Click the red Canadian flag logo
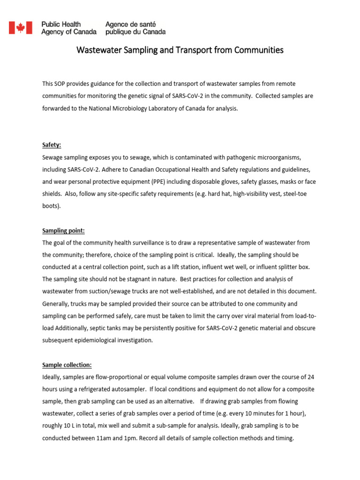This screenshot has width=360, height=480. coord(21,28)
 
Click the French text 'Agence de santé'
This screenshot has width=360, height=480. coord(131,24)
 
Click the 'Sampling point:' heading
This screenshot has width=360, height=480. coord(63,231)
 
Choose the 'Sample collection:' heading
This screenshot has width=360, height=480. coord(67,365)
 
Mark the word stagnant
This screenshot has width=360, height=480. coord(129,279)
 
